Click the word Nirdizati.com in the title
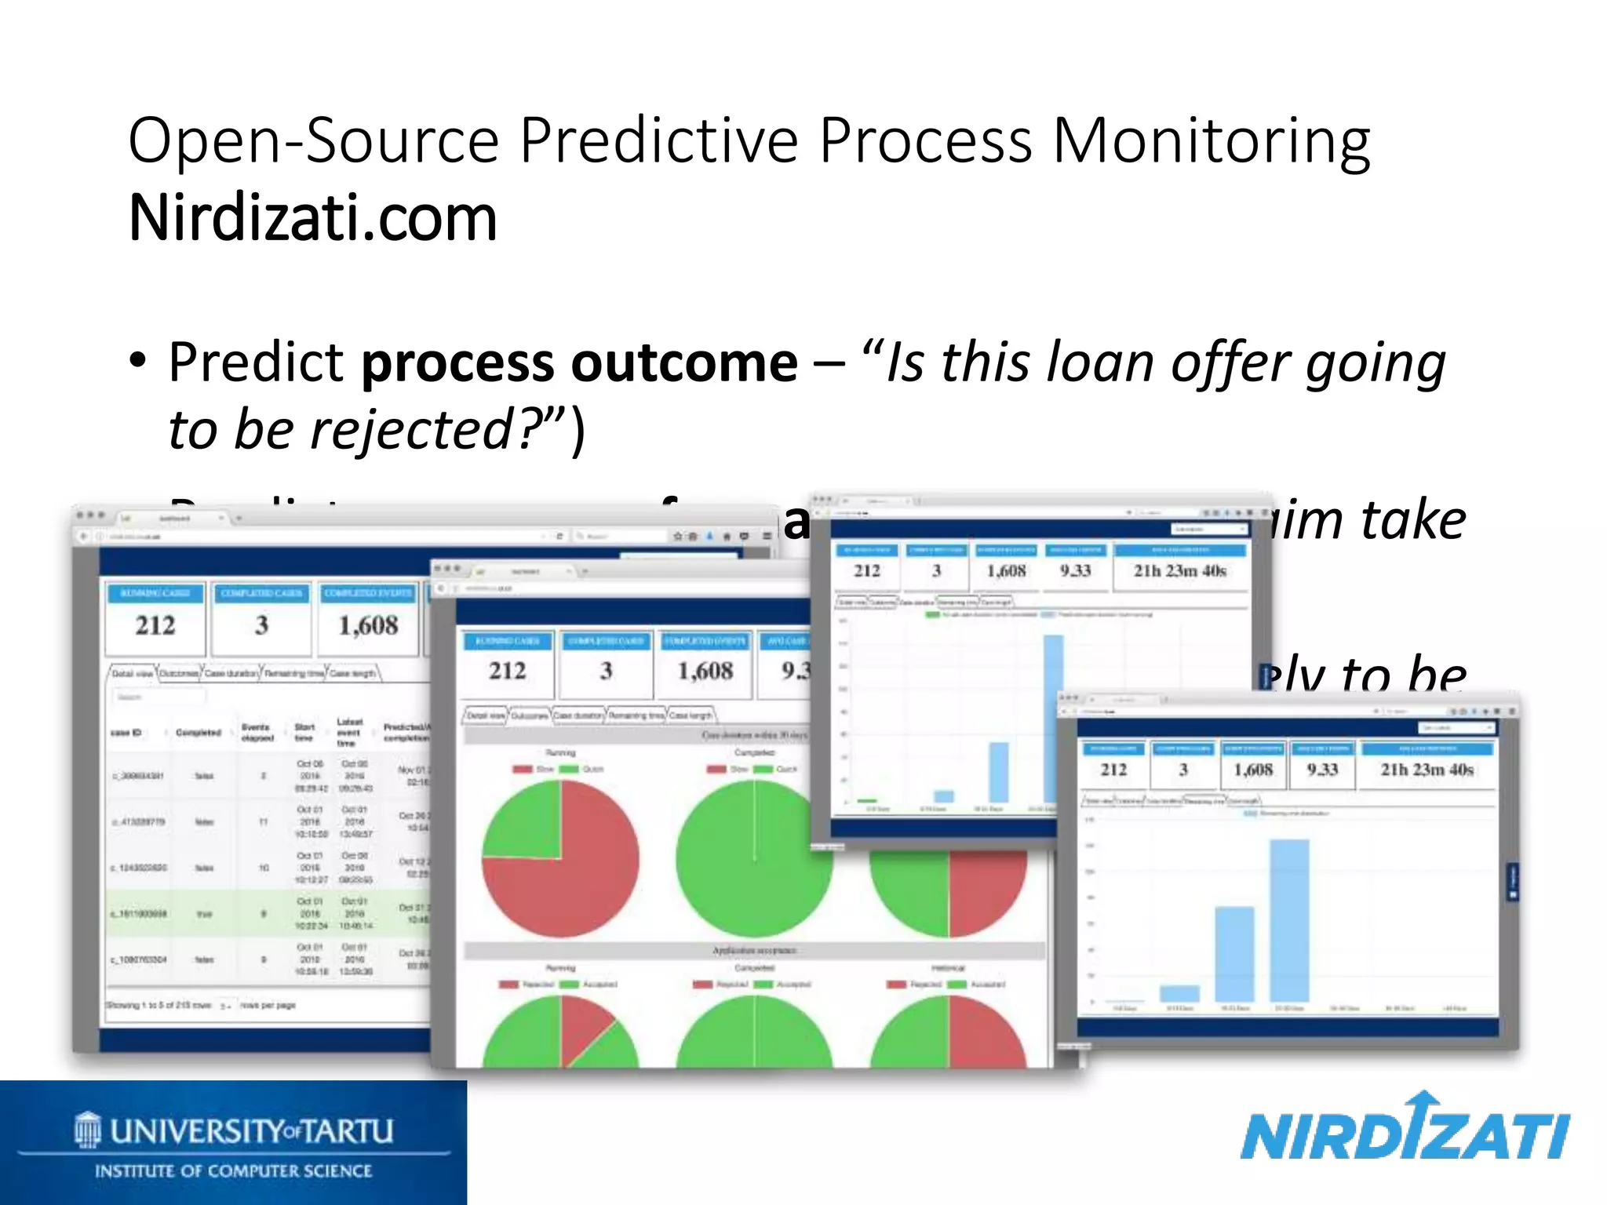tap(312, 218)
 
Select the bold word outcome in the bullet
tap(684, 363)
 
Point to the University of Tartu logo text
tap(251, 1130)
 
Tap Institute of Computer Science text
tap(233, 1171)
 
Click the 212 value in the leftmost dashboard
tap(155, 625)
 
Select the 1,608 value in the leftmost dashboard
tap(368, 625)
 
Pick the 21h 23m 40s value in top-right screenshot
tap(1179, 570)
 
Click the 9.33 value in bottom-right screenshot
tap(1322, 770)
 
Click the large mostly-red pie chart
tap(560, 859)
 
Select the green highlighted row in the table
tap(267, 913)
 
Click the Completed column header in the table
tap(198, 732)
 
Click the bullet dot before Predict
tap(138, 362)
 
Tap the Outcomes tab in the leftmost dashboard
tap(179, 673)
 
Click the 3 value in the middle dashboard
tap(606, 671)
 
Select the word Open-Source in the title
tap(314, 141)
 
